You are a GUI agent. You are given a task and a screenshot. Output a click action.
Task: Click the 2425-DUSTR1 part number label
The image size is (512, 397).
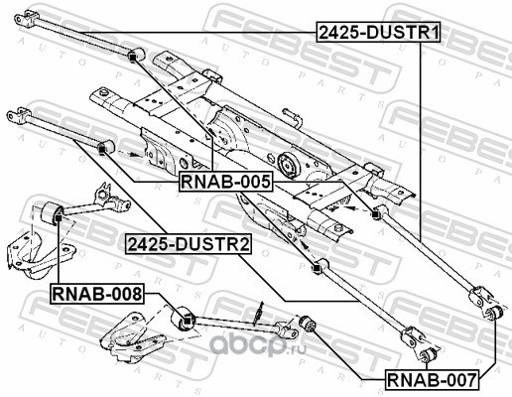(378, 33)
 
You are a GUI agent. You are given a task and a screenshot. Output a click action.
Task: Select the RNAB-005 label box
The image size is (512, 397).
(226, 182)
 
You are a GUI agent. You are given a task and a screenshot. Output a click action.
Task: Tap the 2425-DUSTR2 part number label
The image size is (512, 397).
(189, 244)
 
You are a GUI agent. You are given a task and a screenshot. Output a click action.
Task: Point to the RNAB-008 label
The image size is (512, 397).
(97, 294)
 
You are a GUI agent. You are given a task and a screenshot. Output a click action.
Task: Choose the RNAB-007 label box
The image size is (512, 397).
(433, 379)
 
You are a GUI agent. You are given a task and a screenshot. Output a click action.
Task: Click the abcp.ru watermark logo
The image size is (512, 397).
(258, 345)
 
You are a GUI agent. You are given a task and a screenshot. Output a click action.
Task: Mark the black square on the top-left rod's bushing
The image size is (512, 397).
(133, 58)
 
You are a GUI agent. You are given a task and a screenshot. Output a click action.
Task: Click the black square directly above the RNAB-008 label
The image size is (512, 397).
(58, 218)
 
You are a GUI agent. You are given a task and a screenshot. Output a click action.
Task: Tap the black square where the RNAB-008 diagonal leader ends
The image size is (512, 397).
(187, 321)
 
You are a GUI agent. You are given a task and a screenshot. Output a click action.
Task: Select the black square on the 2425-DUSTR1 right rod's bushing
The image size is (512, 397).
(375, 214)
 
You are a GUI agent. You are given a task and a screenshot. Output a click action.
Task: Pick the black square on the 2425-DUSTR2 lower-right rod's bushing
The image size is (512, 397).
(317, 268)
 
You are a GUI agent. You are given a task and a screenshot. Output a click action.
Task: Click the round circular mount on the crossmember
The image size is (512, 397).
(287, 165)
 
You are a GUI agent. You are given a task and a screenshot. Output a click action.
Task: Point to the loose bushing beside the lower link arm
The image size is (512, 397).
(308, 324)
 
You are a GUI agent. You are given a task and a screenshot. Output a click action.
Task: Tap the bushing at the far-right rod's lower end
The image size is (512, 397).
(495, 313)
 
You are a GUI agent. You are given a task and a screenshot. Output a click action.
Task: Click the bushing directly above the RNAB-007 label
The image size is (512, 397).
(428, 354)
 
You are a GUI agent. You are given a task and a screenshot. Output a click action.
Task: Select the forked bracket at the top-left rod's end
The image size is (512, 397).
(26, 17)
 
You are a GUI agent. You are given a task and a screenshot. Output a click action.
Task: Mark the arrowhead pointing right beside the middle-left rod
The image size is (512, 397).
(133, 154)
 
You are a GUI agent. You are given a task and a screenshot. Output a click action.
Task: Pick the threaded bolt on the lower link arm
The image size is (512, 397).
(259, 314)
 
